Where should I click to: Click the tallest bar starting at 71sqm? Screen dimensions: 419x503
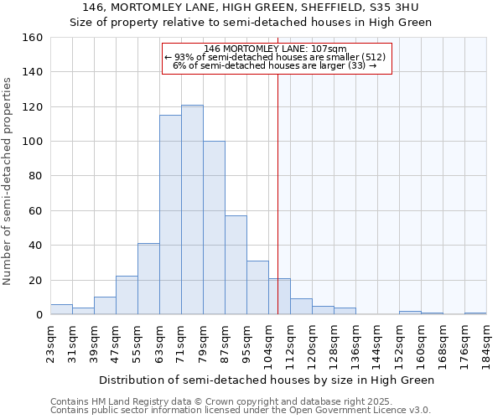[x=192, y=209]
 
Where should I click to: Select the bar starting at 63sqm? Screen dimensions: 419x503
[x=170, y=215]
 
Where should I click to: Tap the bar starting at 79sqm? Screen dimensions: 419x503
[x=214, y=228]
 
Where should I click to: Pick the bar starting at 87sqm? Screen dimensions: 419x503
[x=236, y=265]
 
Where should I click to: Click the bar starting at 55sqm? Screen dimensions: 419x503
[x=148, y=279]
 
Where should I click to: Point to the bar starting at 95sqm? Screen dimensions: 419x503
[x=257, y=287]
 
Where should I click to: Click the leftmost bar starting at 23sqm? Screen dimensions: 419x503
[x=61, y=309]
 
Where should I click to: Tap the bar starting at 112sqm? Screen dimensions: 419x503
[x=301, y=307]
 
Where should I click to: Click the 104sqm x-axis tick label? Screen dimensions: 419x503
[x=268, y=342]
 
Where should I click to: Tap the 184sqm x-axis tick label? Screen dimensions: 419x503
[x=486, y=342]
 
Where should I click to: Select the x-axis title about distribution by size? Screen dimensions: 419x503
[x=267, y=380]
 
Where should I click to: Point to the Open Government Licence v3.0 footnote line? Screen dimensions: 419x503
[x=241, y=410]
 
